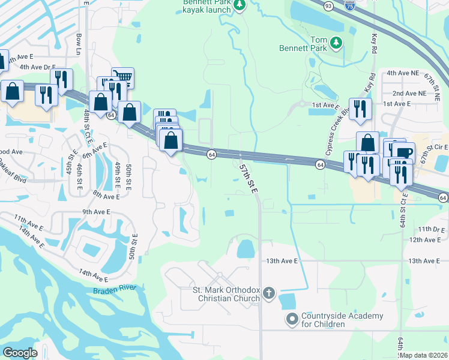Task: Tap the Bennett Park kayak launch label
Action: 206,5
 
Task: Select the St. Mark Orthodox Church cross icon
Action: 268,293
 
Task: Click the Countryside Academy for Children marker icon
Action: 292,319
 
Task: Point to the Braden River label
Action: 114,290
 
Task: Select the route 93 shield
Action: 328,5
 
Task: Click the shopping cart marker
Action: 122,76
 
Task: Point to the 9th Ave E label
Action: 96,212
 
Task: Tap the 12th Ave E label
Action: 424,239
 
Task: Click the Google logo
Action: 20,353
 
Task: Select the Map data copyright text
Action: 424,355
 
